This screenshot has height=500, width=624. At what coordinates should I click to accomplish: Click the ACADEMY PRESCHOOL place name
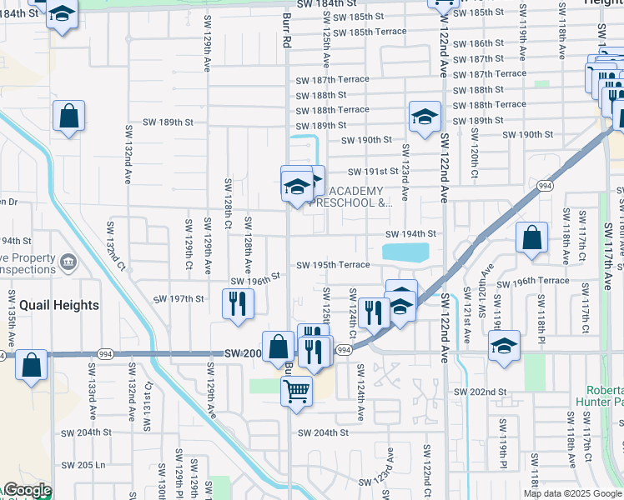click(350, 197)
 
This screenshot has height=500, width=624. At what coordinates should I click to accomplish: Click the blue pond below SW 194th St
click(405, 252)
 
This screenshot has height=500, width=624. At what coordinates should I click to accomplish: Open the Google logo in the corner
click(27, 491)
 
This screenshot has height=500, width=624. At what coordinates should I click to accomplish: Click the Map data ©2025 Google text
click(573, 493)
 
